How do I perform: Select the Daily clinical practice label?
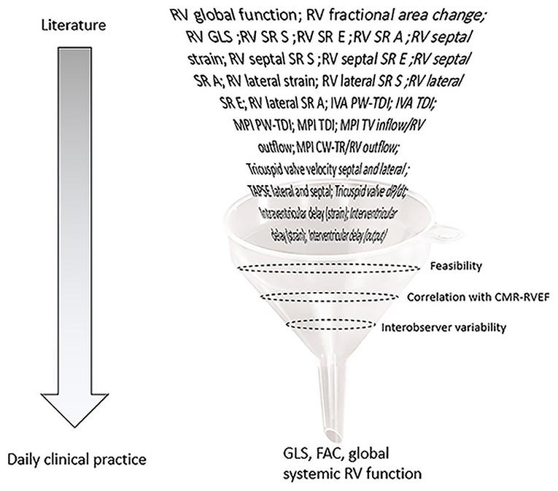point(74,460)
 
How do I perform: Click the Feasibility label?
point(456,267)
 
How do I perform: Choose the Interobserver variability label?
point(443,327)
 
